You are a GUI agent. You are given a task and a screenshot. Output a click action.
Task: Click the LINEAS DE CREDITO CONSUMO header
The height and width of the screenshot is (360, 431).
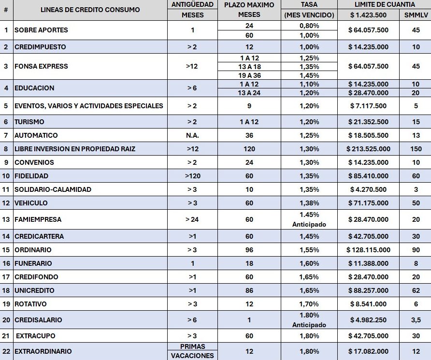[90, 10]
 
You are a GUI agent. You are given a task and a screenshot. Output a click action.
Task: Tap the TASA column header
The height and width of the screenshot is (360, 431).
[309, 5]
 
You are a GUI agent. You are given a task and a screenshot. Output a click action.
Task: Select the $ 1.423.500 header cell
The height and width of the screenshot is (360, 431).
[369, 15]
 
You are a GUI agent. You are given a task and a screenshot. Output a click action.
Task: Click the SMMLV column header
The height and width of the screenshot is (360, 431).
[416, 15]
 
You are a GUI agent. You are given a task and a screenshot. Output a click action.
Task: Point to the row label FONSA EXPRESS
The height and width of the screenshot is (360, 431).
[41, 66]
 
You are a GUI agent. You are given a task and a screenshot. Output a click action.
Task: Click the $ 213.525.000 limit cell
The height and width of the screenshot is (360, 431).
[369, 149]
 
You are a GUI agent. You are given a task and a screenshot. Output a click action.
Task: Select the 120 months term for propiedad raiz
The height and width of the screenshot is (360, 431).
[249, 149]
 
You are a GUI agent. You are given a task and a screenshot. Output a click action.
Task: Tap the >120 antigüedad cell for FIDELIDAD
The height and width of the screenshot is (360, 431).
[192, 176]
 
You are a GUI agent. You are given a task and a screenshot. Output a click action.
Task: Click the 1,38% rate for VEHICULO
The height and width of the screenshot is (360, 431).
[309, 203]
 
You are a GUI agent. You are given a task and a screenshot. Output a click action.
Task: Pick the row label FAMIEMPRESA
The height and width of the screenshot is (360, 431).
[38, 219]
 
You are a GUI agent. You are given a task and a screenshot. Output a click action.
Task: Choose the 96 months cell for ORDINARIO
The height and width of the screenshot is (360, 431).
[249, 250]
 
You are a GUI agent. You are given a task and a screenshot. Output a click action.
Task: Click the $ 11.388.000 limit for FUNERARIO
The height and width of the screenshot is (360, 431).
[369, 263]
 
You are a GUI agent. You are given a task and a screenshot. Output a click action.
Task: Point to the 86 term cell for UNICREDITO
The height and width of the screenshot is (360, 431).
[249, 290]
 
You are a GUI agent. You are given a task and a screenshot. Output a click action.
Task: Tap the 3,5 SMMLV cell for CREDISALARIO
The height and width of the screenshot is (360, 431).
[416, 320]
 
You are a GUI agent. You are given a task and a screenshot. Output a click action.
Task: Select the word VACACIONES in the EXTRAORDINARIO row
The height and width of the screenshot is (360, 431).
[192, 356]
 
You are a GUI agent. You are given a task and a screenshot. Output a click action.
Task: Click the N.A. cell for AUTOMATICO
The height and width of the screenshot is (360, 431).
[192, 135]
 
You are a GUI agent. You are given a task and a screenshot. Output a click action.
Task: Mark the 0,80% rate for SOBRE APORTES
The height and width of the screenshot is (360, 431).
[309, 26]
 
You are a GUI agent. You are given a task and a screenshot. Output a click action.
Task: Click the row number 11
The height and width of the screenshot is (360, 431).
[6, 189]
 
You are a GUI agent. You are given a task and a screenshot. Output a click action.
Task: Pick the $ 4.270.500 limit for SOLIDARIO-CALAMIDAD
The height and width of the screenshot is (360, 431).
[369, 189]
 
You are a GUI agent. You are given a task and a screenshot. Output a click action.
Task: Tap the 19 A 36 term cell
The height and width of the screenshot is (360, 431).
[249, 75]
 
